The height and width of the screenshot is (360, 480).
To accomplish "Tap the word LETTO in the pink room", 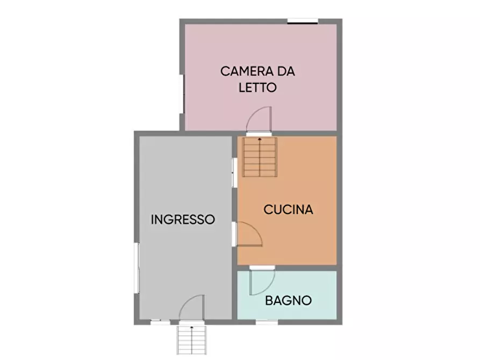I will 257,88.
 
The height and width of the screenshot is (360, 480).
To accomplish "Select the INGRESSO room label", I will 183,219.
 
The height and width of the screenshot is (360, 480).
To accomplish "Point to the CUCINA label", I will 288,210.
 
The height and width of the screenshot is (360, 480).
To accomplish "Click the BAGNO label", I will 289,301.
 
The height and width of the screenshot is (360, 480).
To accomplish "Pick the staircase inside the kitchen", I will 260,157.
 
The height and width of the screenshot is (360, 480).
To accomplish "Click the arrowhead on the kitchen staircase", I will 260,140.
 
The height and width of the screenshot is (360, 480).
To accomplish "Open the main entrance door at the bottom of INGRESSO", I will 192,309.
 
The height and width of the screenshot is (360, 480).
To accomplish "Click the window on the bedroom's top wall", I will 302,21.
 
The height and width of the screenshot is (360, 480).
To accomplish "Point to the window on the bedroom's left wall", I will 182,94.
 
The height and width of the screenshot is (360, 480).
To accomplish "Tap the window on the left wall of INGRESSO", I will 137,269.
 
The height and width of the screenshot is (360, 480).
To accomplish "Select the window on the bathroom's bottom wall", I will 267,322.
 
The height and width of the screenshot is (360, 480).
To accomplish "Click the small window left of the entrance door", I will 159,322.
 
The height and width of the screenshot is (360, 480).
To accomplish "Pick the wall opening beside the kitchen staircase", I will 234,172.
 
